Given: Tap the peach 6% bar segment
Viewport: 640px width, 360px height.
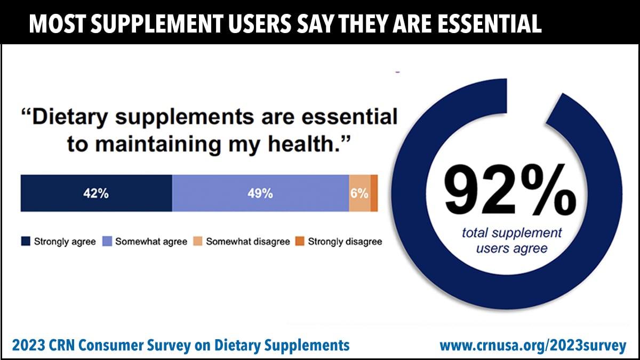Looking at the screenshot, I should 359,193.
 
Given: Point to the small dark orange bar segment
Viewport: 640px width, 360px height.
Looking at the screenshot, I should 374,193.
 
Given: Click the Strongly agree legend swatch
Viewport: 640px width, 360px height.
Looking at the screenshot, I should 25,242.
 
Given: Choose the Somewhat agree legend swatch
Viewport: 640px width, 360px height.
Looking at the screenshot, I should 106,242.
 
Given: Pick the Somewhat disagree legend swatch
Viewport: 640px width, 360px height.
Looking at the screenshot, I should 197,242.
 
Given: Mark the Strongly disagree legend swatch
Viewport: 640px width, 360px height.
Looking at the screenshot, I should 299,242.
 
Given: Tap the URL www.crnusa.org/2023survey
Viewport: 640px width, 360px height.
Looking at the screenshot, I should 533,346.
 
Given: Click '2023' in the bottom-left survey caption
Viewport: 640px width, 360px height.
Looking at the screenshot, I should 28,346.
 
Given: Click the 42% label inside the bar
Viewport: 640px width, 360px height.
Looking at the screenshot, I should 96,194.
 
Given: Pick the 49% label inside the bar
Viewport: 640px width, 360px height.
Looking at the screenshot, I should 260,194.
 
